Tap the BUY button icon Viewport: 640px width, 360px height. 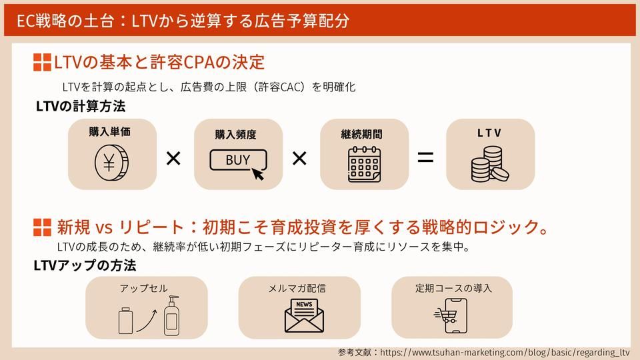click(x=238, y=161)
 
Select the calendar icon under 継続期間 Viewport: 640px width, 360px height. click(x=364, y=163)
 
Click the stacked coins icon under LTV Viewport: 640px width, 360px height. click(x=489, y=165)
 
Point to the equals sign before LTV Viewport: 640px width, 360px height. click(x=425, y=158)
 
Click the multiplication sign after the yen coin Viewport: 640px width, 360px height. click(x=173, y=159)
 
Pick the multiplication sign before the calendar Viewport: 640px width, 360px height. click(x=299, y=159)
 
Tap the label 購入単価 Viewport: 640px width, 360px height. click(x=110, y=132)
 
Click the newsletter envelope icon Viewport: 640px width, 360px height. click(x=303, y=315)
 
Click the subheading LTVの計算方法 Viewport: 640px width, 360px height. click(x=81, y=106)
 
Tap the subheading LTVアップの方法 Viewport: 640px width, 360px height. click(x=85, y=265)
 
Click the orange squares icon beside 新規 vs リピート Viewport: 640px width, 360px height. click(x=42, y=227)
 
